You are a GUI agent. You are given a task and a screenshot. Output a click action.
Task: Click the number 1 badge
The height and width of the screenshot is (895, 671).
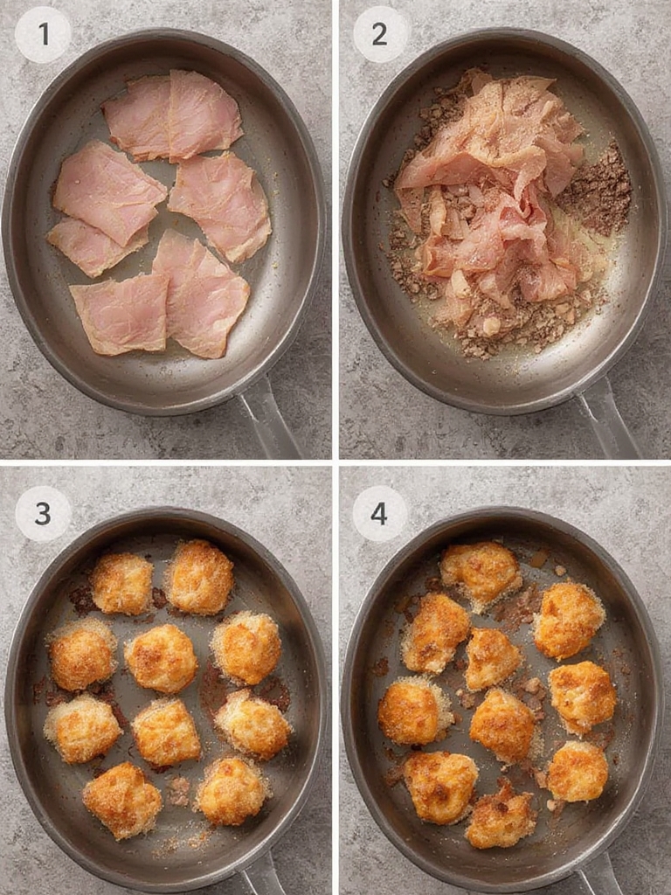(43, 34)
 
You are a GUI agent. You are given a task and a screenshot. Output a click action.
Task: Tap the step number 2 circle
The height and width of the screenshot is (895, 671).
(379, 34)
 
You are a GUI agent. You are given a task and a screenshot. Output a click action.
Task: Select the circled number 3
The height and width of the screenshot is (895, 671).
(43, 513)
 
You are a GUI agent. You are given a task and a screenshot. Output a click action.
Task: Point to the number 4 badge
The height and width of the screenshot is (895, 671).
(379, 513)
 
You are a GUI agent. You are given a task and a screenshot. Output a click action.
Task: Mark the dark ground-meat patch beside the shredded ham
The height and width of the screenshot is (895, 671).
(598, 188)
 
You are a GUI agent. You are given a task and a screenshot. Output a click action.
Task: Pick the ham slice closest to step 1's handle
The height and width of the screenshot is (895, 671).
(201, 297)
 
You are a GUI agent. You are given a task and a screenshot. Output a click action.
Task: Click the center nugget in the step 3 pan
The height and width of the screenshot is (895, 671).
(161, 658)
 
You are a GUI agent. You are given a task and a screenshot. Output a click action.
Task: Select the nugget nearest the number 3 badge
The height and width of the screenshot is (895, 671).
(121, 583)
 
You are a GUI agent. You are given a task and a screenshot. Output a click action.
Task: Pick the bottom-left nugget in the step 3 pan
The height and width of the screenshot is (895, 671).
(122, 800)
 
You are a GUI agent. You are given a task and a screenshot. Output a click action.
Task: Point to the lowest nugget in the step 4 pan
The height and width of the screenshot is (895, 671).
(500, 817)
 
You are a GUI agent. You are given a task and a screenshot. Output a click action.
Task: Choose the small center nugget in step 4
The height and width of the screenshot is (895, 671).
(491, 658)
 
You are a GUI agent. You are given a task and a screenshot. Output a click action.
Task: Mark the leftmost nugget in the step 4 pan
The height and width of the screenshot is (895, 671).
(412, 711)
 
